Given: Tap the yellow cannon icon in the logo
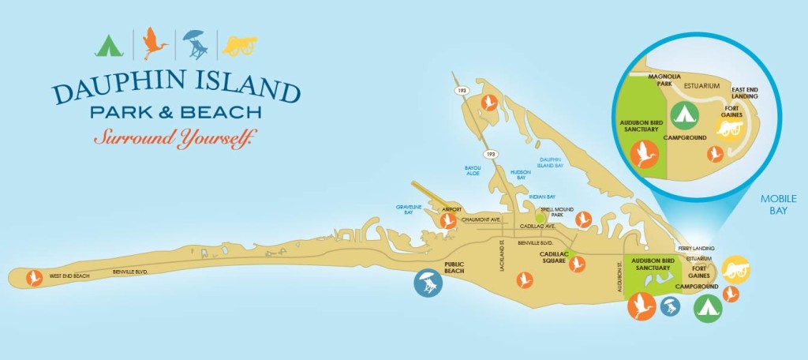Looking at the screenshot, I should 240,46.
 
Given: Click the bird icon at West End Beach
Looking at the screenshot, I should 34,278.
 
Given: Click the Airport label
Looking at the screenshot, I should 451,210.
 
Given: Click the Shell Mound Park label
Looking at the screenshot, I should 562,212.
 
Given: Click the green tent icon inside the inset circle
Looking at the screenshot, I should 684,115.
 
